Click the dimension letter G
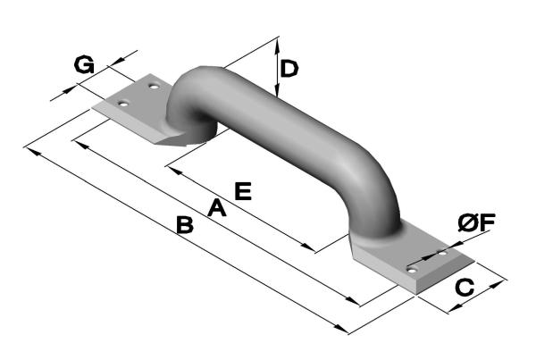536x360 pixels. tap(84, 65)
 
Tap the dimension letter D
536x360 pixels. tap(289, 69)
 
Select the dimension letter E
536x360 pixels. tap(243, 191)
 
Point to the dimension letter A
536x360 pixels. tap(217, 208)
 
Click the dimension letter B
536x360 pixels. tap(185, 224)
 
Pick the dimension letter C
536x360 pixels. tap(465, 287)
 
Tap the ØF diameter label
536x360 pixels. tap(476, 223)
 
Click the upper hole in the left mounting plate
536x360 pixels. tap(155, 87)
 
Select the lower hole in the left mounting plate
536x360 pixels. tap(123, 104)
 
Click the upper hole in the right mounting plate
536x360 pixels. tap(443, 254)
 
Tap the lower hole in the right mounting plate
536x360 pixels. tap(413, 271)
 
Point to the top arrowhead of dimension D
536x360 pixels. tap(278, 44)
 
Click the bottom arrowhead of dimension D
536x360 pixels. tap(277, 89)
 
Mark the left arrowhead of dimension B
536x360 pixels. tap(32, 152)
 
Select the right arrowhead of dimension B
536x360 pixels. tap(341, 328)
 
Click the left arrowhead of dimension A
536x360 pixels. tap(81, 145)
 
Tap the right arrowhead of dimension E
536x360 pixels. tap(307, 247)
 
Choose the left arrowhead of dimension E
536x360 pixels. tap(174, 171)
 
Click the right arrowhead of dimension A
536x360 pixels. tap(352, 300)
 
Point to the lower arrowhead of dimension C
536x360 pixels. tap(455, 307)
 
